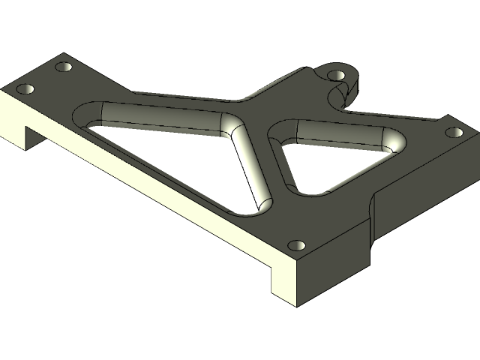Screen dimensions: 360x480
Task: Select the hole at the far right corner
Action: click(x=453, y=133)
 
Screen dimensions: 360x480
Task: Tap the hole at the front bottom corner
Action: click(x=297, y=245)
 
